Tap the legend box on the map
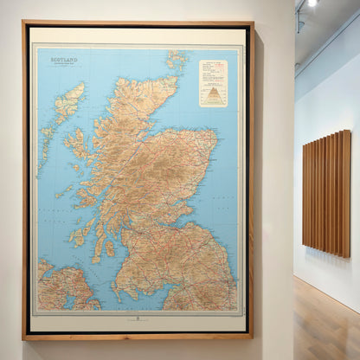pos(213,83)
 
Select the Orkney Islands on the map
pos(177,61)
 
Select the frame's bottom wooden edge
pos(138,336)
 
